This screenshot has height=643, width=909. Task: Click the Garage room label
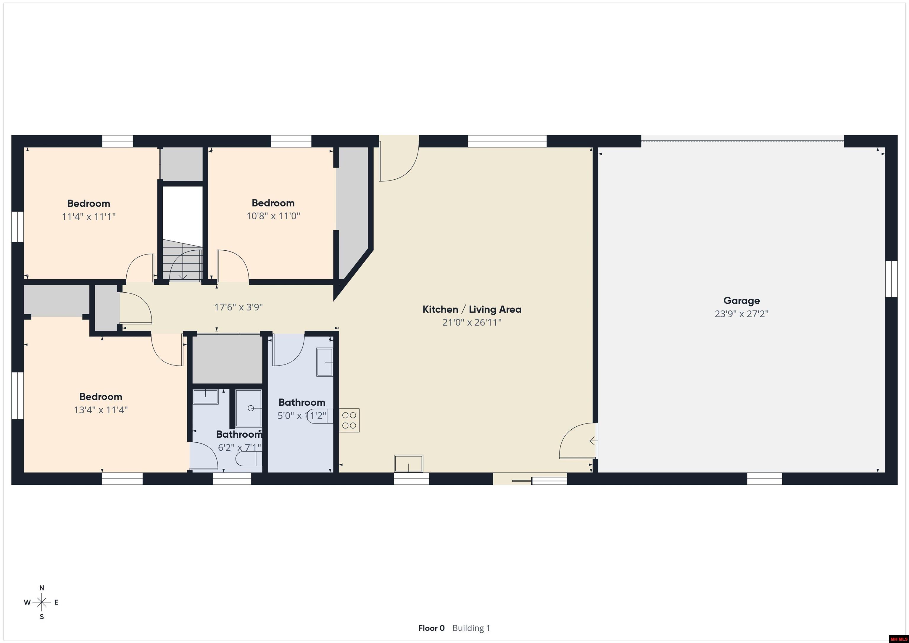742,301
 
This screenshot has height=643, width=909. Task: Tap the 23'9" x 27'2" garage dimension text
742,314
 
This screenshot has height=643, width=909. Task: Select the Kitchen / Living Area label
472,309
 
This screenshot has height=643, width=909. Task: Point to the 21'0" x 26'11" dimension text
472,322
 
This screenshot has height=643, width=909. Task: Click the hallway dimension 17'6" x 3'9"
239,307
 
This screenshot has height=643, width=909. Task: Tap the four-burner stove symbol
349,420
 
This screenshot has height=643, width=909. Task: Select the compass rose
41,602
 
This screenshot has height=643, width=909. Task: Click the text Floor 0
431,628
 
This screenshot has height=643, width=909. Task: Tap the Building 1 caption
471,628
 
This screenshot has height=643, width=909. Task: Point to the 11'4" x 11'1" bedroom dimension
89,217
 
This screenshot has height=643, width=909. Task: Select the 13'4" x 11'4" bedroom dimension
101,410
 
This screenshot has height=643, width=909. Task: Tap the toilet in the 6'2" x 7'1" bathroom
249,459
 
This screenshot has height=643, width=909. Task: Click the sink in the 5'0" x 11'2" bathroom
325,362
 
